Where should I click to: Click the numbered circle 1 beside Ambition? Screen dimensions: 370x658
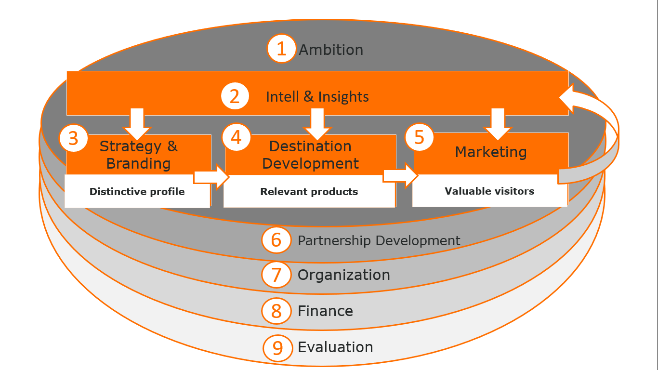(281, 49)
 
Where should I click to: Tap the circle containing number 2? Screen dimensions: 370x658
(235, 96)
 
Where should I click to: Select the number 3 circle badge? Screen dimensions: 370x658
(73, 138)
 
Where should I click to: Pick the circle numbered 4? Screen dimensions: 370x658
(236, 137)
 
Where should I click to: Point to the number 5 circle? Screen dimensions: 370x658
(419, 137)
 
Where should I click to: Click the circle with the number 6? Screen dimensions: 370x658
(276, 239)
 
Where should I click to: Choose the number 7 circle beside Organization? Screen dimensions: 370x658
(276, 275)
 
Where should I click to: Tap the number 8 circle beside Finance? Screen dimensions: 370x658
(276, 311)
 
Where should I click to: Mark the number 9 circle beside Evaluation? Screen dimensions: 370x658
(277, 347)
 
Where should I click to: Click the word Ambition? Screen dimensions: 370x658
(331, 50)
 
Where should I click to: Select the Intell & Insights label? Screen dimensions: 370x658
(317, 96)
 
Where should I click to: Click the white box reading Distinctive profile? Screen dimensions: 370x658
(137, 192)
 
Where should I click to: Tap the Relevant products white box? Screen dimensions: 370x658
(309, 192)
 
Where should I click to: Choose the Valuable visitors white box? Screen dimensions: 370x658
(489, 191)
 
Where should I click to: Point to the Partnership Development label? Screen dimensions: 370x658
(379, 240)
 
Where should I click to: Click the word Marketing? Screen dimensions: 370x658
(491, 152)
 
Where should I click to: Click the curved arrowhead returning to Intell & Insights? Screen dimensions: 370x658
(569, 99)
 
